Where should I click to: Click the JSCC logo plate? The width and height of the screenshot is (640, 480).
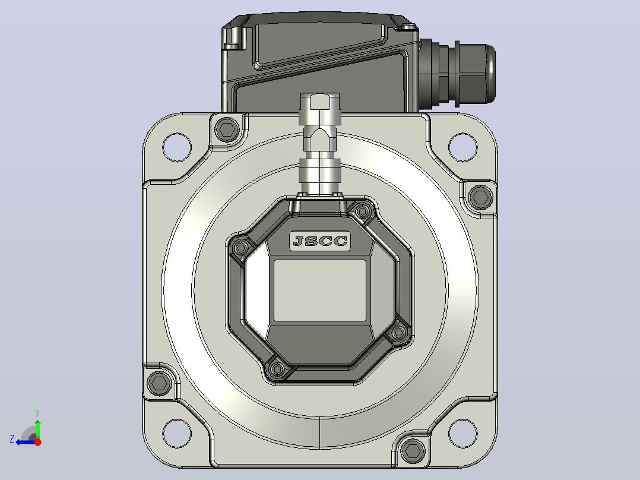(x=320, y=241)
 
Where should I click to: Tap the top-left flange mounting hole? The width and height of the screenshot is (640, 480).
(x=177, y=147)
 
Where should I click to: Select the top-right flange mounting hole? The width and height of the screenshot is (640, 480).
(x=463, y=147)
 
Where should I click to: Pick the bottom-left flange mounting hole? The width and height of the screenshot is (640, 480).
(x=177, y=434)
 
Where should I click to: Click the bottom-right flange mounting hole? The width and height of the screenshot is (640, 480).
(x=463, y=434)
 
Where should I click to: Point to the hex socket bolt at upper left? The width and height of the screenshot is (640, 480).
(x=227, y=130)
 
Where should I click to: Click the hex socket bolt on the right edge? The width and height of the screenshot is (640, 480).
(x=480, y=197)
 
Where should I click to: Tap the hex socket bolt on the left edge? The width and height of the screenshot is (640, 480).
(x=159, y=384)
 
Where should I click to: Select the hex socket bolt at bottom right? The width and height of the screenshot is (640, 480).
(x=413, y=451)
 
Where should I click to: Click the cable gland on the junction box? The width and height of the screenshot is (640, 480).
(x=457, y=73)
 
